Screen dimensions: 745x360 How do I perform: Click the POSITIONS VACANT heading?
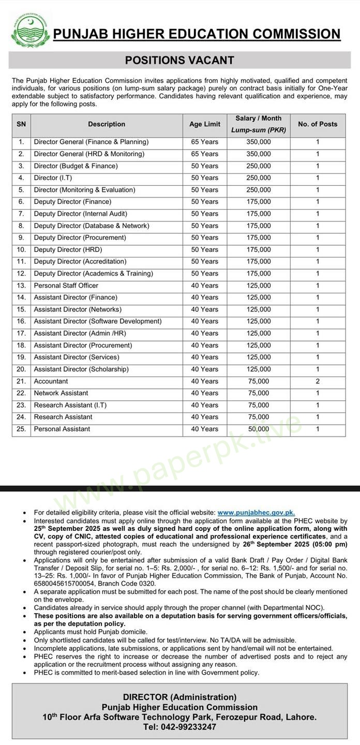click(x=179, y=61)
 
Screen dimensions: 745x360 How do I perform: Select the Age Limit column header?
click(x=205, y=124)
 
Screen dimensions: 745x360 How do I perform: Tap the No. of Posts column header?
click(x=318, y=124)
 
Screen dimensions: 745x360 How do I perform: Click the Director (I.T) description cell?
click(x=53, y=178)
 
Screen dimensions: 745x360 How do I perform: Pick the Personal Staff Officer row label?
click(x=66, y=286)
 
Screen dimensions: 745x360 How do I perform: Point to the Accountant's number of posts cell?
click(x=318, y=381)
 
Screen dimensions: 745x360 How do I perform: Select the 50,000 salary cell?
click(x=259, y=429)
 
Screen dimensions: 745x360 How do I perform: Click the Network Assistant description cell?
click(x=61, y=393)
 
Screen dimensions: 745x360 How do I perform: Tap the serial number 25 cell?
click(x=21, y=429)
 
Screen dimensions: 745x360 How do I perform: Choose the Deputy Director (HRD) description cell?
click(x=68, y=250)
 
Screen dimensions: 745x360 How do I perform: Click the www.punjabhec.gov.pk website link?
click(x=256, y=512)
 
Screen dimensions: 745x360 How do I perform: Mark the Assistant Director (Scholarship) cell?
click(x=81, y=369)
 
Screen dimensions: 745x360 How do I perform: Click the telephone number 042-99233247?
click(x=179, y=727)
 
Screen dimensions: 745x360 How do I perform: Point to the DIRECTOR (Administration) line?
click(x=179, y=697)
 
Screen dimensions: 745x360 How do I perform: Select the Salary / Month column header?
click(x=259, y=124)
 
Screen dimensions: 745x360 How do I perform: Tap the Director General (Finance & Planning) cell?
click(x=91, y=142)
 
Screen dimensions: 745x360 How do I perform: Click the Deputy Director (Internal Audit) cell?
click(x=81, y=214)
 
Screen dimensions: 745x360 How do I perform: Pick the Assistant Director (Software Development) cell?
click(x=98, y=321)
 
